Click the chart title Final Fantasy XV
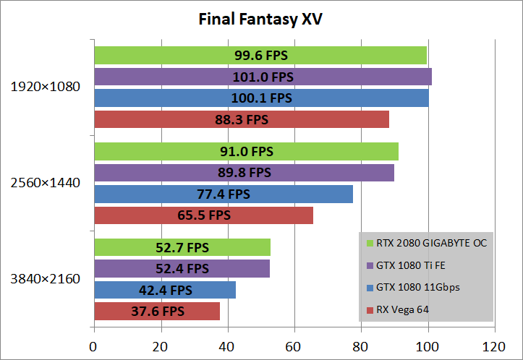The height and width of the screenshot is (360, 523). tap(260, 19)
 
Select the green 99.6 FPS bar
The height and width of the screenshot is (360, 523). tap(260, 56)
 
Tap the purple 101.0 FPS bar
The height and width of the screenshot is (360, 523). tap(263, 77)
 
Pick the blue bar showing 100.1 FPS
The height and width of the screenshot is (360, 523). tap(261, 98)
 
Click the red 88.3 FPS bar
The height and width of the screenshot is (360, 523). tap(242, 119)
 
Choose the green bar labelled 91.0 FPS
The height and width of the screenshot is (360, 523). tap(246, 151)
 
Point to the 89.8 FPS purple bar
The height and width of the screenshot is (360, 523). tap(244, 172)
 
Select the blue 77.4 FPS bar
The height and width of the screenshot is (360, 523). tap(224, 194)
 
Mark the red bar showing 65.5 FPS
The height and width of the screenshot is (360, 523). tap(203, 215)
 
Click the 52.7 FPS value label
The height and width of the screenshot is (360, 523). tap(182, 247)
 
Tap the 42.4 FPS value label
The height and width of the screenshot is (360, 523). tap(165, 290)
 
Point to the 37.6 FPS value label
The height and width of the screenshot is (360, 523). tap(157, 311)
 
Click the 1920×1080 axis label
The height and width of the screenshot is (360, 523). tap(45, 87)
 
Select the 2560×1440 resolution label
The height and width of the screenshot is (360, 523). tap(45, 183)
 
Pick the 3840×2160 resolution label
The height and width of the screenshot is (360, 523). tap(45, 279)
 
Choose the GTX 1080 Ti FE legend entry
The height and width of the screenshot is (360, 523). tap(410, 265)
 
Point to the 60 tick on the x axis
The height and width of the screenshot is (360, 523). tap(294, 347)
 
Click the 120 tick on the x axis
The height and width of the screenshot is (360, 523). tap(495, 347)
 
